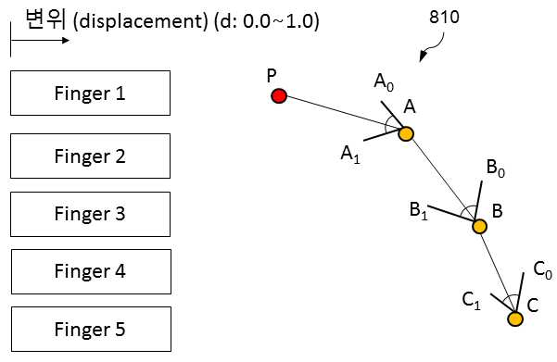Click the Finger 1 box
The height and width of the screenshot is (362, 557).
90,93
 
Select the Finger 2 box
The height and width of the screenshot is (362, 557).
90,156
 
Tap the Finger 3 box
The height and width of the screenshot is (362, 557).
90,214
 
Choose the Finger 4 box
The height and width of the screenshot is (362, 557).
91,271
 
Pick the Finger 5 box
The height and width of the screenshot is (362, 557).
91,329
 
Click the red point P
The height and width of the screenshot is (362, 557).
279,96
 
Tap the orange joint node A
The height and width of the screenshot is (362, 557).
406,134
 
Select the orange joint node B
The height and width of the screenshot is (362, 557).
479,226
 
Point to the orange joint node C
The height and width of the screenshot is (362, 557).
515,318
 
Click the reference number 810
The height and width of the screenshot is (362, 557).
444,17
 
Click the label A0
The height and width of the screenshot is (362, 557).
384,82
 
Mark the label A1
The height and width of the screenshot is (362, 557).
350,155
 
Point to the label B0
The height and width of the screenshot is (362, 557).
496,168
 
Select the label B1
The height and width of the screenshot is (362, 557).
419,210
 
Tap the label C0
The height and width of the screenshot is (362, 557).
543,269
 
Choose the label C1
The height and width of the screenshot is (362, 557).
472,300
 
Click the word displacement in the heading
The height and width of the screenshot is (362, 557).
140,21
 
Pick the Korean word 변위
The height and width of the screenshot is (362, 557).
46,19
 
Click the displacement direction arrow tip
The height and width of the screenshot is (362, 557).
69,40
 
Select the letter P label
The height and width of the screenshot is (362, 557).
272,76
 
